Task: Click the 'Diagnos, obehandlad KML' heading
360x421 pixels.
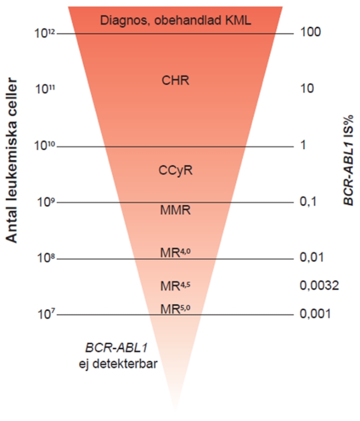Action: (x=175, y=20)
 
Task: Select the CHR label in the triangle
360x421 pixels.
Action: (x=175, y=81)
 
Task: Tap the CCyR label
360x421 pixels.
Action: (x=175, y=171)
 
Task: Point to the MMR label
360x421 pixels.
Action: (x=175, y=210)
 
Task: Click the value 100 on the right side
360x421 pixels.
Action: (x=310, y=32)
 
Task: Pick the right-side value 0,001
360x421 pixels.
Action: (x=316, y=314)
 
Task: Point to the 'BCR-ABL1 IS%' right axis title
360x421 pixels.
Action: (x=348, y=155)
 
